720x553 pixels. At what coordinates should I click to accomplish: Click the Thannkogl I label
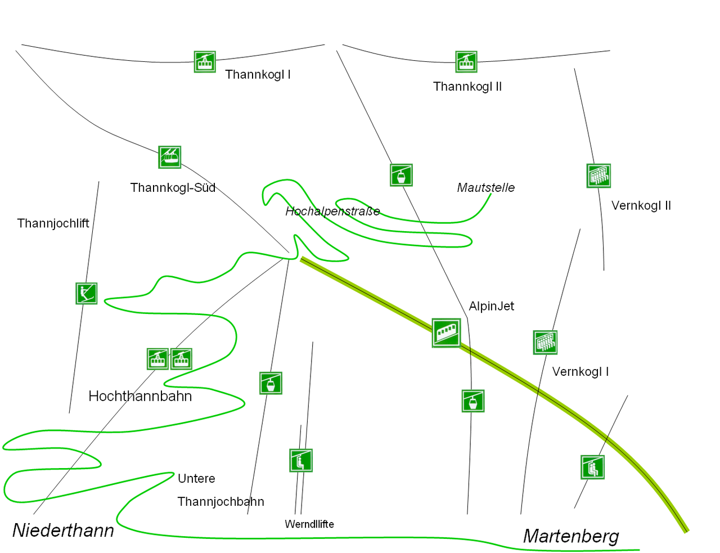258,75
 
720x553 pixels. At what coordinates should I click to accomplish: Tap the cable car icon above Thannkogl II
466,62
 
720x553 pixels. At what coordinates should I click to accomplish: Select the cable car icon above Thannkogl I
205,62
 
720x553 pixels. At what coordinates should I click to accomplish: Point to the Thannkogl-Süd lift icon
170,157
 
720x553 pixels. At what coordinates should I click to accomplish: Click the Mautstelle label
486,188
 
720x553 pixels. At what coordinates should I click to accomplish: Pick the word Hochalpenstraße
332,212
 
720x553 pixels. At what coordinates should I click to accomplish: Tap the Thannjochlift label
53,224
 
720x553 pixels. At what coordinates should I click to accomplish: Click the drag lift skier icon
87,293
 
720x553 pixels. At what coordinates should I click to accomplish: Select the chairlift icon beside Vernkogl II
598,176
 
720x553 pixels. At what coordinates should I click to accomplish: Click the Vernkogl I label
580,372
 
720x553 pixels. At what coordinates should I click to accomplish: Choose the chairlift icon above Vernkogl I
545,342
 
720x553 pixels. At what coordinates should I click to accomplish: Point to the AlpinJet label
492,306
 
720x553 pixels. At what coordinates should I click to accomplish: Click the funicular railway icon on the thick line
446,333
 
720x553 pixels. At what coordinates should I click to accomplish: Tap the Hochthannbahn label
140,396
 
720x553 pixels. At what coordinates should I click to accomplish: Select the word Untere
196,478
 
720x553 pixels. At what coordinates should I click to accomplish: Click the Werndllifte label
309,524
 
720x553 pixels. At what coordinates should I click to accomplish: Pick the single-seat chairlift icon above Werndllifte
301,461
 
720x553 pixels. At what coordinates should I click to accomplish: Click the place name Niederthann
64,530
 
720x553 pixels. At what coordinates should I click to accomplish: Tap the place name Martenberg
571,536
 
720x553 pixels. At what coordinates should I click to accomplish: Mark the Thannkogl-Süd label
173,188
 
